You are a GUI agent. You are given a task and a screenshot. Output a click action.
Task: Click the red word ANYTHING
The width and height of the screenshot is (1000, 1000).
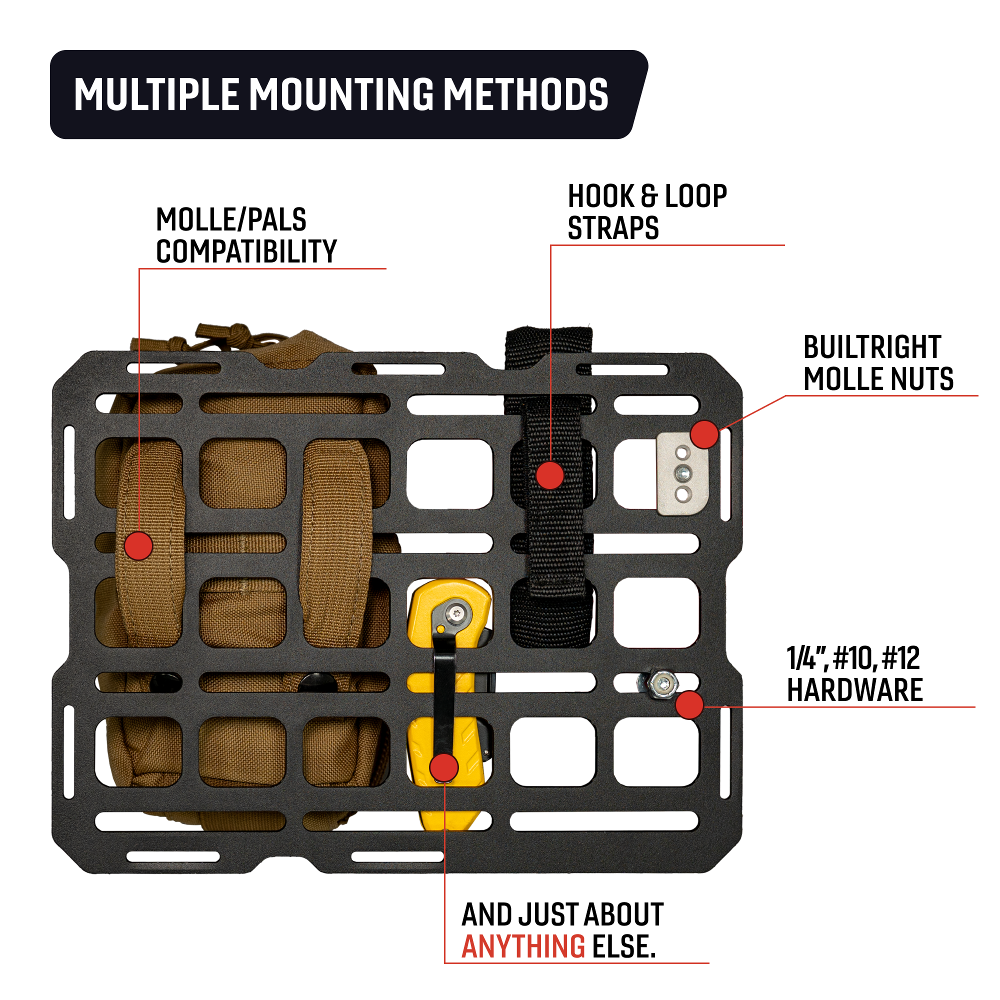click(523, 946)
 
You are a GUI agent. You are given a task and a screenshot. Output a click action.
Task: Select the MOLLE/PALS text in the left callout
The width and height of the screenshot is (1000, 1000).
click(231, 219)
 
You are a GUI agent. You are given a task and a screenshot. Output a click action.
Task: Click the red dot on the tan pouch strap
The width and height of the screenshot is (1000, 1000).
click(138, 545)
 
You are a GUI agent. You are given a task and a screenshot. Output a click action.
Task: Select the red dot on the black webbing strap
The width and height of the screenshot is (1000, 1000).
click(549, 474)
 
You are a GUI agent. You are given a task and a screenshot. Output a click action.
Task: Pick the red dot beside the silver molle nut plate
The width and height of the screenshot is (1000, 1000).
click(704, 434)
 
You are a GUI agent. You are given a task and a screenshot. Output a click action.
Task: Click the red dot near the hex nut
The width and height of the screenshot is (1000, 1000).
click(689, 705)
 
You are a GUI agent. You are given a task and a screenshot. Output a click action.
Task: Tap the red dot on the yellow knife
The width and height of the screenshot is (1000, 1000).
click(443, 768)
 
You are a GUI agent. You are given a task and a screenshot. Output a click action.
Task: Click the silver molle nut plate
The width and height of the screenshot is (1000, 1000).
click(682, 473)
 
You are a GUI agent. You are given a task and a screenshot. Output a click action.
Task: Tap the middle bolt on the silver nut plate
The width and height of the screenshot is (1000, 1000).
click(682, 472)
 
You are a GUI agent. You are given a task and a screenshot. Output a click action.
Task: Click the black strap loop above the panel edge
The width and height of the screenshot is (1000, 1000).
click(548, 344)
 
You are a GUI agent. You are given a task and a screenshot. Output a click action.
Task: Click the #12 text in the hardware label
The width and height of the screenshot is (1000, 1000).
click(900, 658)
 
